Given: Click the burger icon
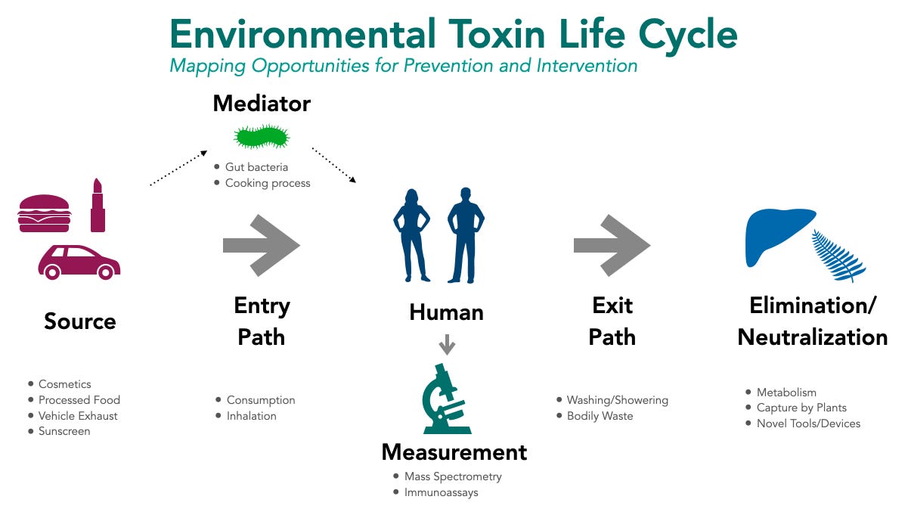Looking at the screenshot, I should [x=44, y=213].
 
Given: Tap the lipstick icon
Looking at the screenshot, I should [x=98, y=206].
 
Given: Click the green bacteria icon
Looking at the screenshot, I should [x=262, y=137].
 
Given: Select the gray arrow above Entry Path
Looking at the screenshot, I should [x=262, y=245].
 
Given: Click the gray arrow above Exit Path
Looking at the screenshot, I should [x=612, y=245].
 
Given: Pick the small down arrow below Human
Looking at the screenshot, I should [x=447, y=345].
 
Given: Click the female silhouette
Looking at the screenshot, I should [x=411, y=235].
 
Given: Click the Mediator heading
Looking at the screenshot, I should [x=262, y=104].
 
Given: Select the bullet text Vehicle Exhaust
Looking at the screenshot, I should [x=78, y=416].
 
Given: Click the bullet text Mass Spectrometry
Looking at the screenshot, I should [x=453, y=476].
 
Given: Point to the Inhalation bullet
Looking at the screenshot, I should [x=251, y=416].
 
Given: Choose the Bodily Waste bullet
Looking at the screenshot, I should [x=600, y=416].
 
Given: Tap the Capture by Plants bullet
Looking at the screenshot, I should [x=801, y=408].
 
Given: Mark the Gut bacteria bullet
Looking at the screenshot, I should [x=256, y=166].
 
